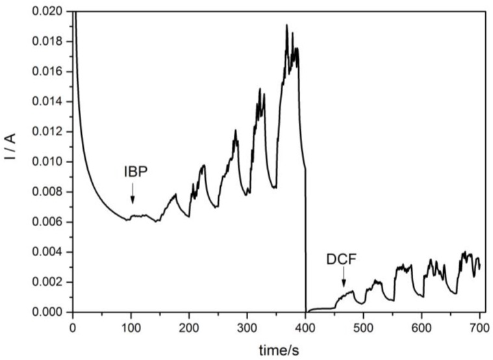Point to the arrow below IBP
pos(133,194)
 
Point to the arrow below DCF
pos(344,280)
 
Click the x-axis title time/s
pos(276,350)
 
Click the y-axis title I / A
pos(12,161)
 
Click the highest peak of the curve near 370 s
pos(286,26)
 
